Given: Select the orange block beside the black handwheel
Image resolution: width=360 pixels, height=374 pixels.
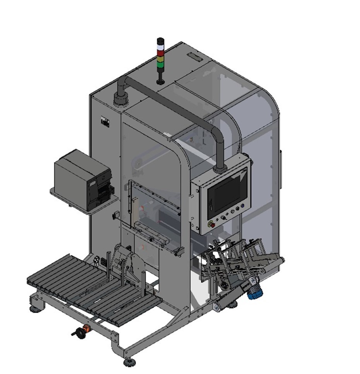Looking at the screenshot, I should tap(87, 330).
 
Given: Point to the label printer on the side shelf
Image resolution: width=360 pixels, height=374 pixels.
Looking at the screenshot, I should tap(83, 180).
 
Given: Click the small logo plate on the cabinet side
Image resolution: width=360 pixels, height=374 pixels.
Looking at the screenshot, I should tap(105, 121).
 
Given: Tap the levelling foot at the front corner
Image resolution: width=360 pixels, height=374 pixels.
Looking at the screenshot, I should tap(130, 362).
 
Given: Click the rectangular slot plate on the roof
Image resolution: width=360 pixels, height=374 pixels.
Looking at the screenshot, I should tap(194, 57).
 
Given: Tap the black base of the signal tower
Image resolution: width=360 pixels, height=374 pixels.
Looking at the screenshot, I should tap(160, 81).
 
